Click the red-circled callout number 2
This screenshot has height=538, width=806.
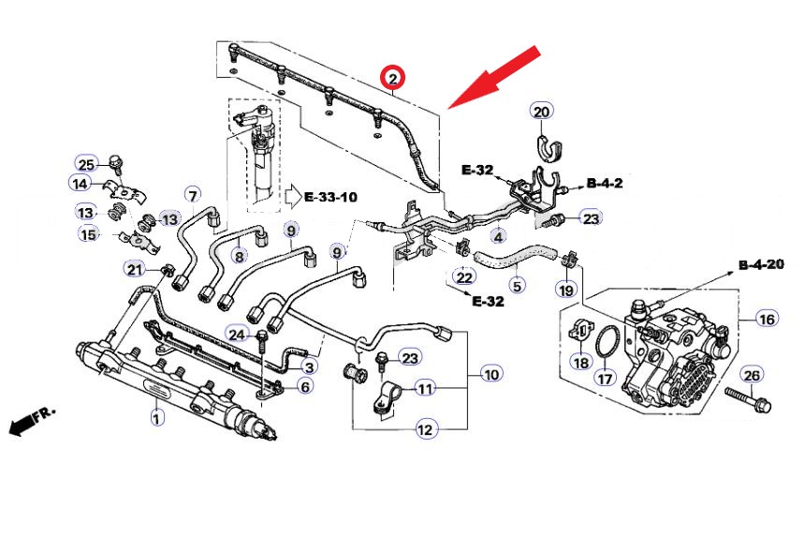click(393, 77)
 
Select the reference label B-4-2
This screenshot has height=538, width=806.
click(605, 183)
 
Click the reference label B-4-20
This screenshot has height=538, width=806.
click(760, 265)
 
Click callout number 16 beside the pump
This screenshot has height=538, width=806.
click(767, 320)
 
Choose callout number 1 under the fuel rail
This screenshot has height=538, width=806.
click(157, 418)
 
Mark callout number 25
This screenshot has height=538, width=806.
click(86, 161)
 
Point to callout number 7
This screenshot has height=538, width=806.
click(192, 195)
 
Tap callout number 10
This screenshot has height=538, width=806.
click(491, 374)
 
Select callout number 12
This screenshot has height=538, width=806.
click(425, 430)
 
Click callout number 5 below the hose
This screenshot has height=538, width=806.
click(516, 284)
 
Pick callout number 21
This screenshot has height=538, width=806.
click(136, 270)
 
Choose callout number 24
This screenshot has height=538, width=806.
click(237, 336)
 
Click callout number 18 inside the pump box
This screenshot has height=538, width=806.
click(580, 363)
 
